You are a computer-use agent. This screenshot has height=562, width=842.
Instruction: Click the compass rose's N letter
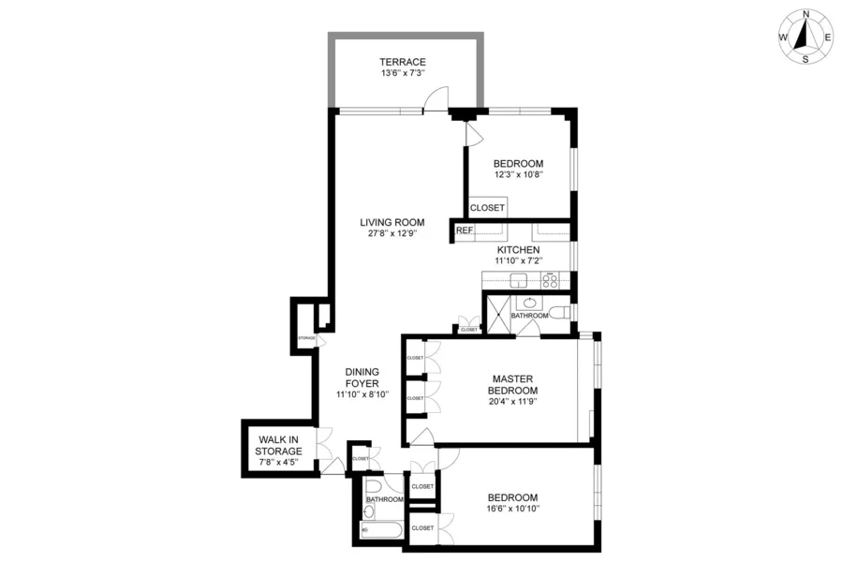pos(805,15)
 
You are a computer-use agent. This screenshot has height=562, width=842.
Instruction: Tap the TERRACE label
pos(403,62)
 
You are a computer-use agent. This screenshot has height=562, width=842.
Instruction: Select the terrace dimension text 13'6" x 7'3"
pos(403,73)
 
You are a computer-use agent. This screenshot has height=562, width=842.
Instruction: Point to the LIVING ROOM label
pos(392,223)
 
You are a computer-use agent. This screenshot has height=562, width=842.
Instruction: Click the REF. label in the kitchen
pos(465,230)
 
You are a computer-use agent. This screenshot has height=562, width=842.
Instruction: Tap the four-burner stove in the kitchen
pos(549,279)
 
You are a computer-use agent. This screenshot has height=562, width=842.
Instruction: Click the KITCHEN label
pos(518,250)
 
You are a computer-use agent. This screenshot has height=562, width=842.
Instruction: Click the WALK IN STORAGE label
pos(279,446)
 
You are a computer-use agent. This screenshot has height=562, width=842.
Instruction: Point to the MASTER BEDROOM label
pos(514,384)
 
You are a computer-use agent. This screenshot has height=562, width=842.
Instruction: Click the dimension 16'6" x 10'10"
pos(513,510)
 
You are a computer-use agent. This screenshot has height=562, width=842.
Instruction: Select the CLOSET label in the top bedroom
pos(487,208)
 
